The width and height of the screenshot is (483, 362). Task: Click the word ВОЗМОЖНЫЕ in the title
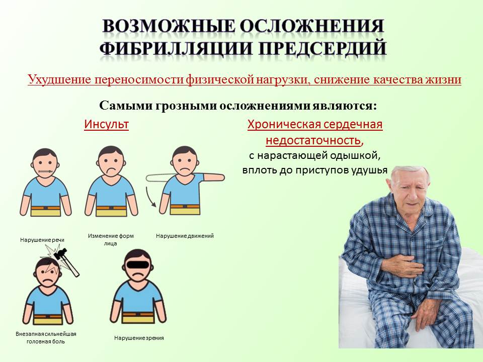pyautogui.click(x=169, y=26)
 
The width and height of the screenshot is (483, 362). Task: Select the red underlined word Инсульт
pyautogui.click(x=106, y=124)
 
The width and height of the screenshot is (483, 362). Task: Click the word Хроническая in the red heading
pyautogui.click(x=280, y=124)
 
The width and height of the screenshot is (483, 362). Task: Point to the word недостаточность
pyautogui.click(x=313, y=140)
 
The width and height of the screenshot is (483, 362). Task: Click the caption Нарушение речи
pyautogui.click(x=42, y=240)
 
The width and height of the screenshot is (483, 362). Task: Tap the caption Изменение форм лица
pyautogui.click(x=111, y=239)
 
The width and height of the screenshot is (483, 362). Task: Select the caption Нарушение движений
pyautogui.click(x=185, y=236)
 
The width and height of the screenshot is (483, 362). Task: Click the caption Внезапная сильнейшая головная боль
pyautogui.click(x=46, y=338)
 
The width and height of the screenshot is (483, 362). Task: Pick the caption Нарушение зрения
pyautogui.click(x=139, y=338)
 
